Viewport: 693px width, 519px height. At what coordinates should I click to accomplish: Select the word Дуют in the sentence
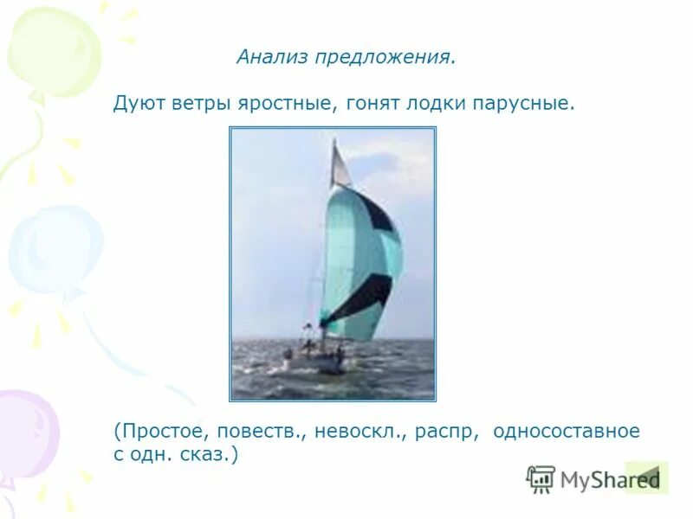tap(136, 104)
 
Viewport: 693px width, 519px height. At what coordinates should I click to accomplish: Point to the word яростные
tap(288, 104)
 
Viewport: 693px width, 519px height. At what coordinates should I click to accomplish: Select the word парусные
tap(523, 104)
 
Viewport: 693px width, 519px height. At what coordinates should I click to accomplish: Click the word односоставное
tap(567, 431)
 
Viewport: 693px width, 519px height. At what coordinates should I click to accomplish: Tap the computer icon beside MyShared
tap(541, 478)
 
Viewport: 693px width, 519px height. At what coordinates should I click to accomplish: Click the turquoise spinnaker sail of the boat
tap(359, 259)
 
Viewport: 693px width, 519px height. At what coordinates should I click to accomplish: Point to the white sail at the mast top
tap(340, 164)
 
